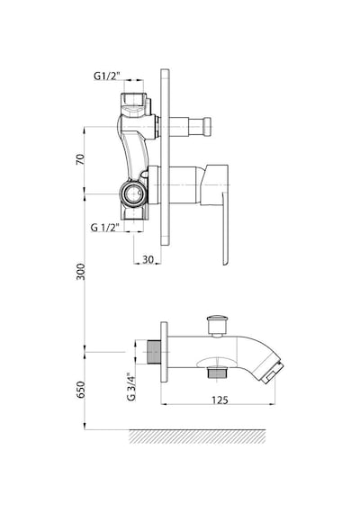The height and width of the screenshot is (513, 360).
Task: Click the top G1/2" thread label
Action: pos(107,76)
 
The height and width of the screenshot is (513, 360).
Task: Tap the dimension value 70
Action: pos(80,159)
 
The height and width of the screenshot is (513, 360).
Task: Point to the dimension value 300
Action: pos(80,272)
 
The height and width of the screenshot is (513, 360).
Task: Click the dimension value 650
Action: pos(80,390)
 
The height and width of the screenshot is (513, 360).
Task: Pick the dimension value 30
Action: pos(148,259)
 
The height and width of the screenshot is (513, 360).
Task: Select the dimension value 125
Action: pos(220,400)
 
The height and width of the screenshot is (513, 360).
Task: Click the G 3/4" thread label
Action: pos(131,387)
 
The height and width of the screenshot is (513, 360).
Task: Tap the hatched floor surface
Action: pos(198,436)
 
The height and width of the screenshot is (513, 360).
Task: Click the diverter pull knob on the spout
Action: pos(217,326)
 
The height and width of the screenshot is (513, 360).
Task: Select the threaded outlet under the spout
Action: pos(216,373)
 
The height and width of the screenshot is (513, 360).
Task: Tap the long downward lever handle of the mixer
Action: pos(225,229)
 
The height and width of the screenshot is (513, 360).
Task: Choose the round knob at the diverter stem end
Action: pos(207,126)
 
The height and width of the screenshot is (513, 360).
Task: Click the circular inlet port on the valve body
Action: pos(131,194)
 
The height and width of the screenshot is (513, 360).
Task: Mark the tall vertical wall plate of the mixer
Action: pos(165,157)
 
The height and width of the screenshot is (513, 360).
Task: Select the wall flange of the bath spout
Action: pos(164,352)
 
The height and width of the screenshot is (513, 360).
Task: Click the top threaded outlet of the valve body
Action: pos(134,100)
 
